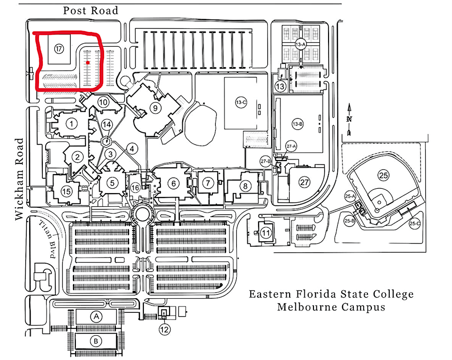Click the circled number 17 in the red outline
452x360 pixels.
[x=59, y=49]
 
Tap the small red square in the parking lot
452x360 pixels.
[x=87, y=63]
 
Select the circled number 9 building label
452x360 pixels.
[x=155, y=108]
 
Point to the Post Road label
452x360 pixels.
[x=91, y=10]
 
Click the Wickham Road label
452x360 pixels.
[x=20, y=179]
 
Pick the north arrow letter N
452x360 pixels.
[x=349, y=119]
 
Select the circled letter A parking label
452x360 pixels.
[x=97, y=317]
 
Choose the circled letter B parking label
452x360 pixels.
[x=96, y=341]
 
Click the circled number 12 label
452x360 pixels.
[x=165, y=329]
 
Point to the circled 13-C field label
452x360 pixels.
[x=240, y=103]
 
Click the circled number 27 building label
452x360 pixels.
[x=304, y=182]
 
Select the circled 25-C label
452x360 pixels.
[x=414, y=223]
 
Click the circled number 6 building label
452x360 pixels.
[x=173, y=183]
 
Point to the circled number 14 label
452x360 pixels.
[x=106, y=125]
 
